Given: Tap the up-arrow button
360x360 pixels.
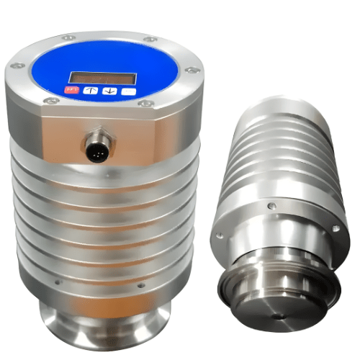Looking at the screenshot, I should [90, 91].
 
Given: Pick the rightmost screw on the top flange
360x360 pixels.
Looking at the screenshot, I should [190, 70].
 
